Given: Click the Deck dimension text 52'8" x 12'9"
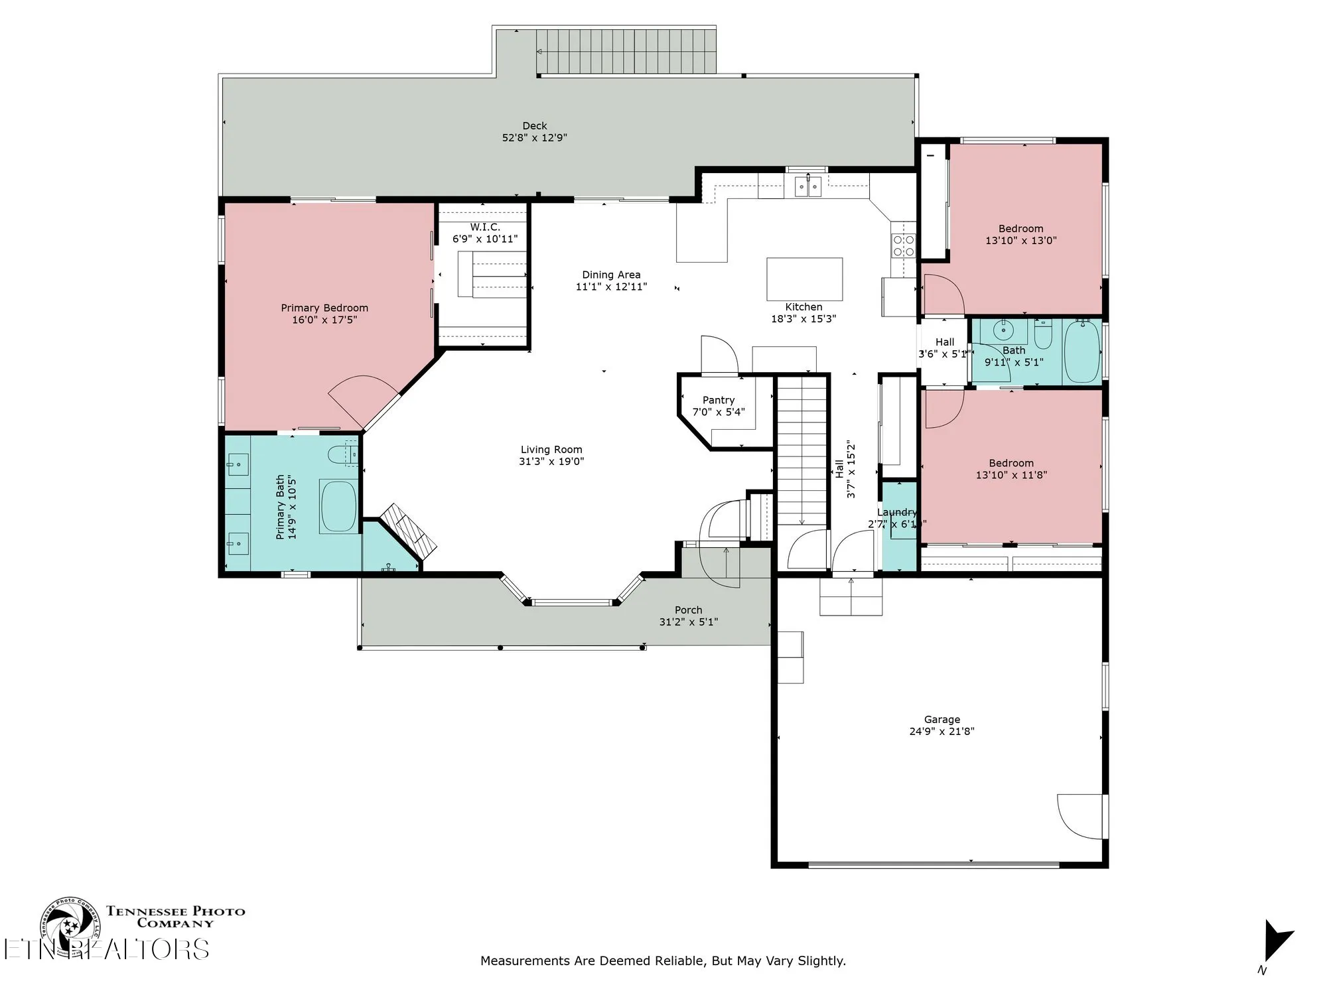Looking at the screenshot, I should click(534, 138).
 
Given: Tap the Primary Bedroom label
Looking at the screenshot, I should click(324, 308).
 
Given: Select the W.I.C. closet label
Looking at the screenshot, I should click(485, 227).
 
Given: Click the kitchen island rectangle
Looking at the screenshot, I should click(804, 279).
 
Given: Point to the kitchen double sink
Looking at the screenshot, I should click(807, 187).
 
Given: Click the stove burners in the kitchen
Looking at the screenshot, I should click(903, 245).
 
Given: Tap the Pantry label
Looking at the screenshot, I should click(719, 400).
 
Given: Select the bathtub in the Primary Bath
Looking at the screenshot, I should click(339, 505).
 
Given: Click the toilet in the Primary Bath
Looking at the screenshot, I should click(342, 454).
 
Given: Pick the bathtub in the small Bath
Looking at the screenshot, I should click(1082, 352).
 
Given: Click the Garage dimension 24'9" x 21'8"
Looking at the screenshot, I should click(942, 732).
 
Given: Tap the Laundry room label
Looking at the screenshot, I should click(896, 512).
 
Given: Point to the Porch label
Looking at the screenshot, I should click(688, 610).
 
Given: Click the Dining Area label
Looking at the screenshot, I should click(611, 275).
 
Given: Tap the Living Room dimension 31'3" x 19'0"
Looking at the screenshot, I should click(551, 462).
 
